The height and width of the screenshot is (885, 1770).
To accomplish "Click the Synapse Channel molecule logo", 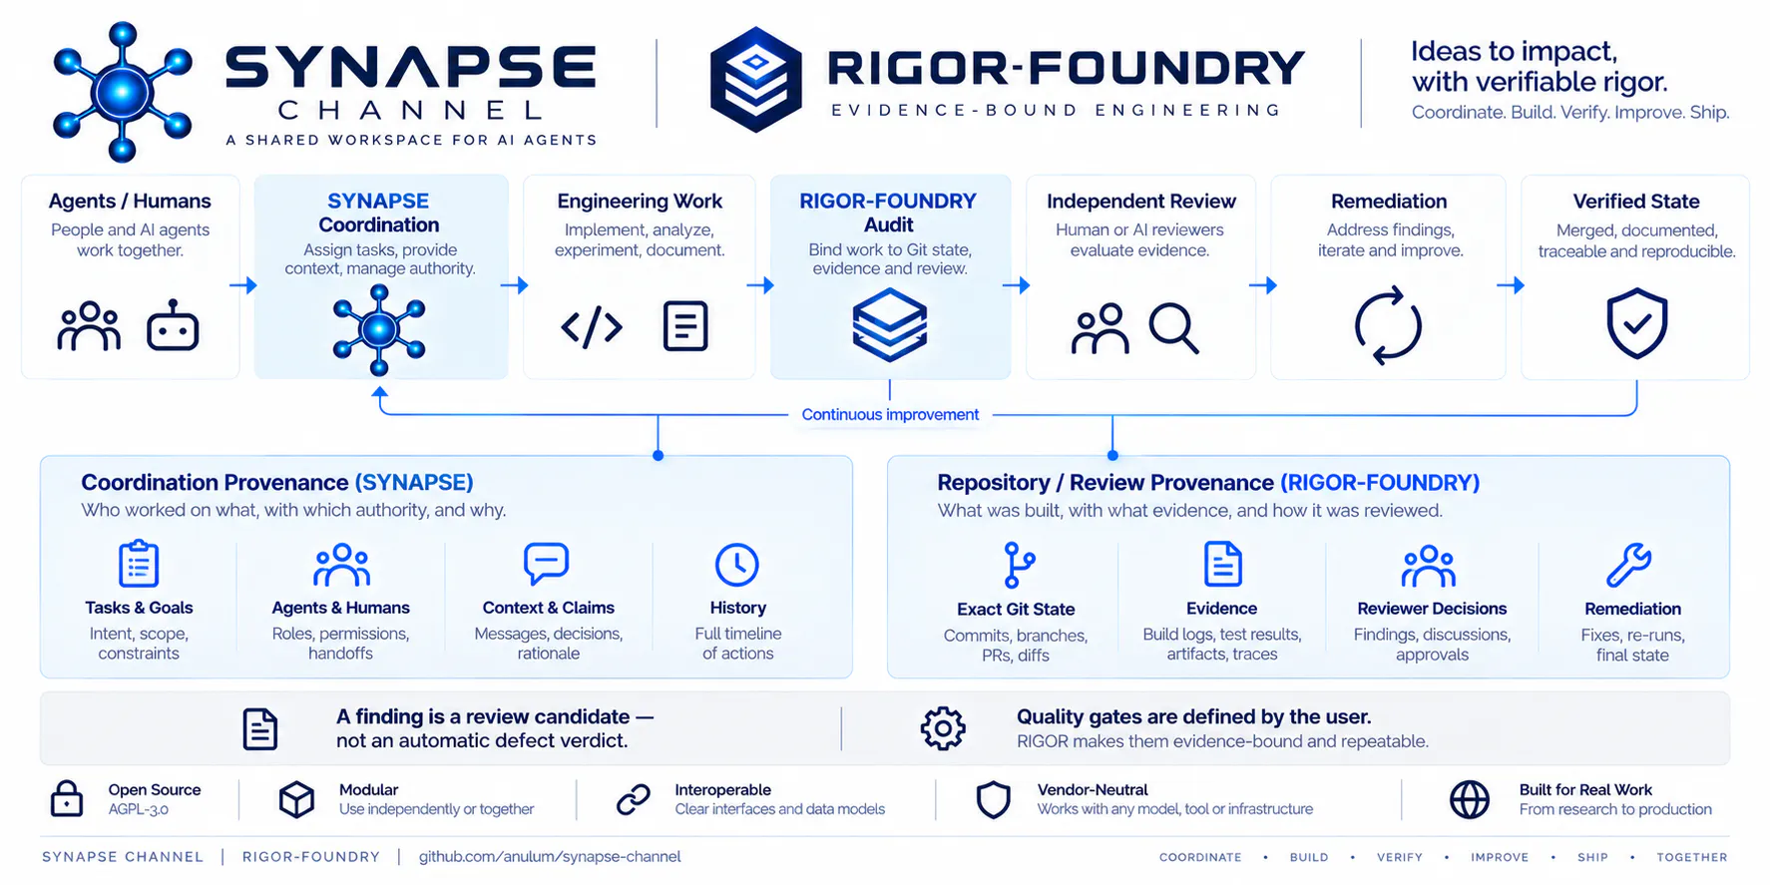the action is click(x=122, y=92).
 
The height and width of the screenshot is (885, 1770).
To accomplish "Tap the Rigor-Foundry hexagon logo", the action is click(x=755, y=79).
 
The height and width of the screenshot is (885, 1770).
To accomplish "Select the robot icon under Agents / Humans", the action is click(x=173, y=325).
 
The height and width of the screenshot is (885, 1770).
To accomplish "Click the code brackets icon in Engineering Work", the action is click(x=592, y=326).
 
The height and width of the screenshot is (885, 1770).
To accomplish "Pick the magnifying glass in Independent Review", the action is click(x=1173, y=328).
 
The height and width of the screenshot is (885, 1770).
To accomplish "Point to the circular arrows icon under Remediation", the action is click(x=1387, y=325).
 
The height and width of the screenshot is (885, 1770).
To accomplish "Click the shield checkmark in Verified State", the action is click(x=1636, y=323).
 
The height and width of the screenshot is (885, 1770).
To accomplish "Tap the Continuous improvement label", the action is click(x=890, y=414).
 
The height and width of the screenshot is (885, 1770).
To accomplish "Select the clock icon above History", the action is click(x=737, y=565).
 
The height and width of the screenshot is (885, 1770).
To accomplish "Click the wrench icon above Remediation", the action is click(x=1629, y=565).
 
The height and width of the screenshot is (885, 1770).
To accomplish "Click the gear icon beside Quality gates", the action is click(x=943, y=728).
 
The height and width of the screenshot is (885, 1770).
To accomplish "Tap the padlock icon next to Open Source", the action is click(x=67, y=798).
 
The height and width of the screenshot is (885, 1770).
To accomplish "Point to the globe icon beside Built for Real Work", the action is click(x=1469, y=799).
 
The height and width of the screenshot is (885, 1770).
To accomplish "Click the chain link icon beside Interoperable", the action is click(x=634, y=799).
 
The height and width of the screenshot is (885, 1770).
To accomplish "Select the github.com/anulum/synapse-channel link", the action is click(x=550, y=856).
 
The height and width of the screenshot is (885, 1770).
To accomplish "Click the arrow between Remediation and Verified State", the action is click(x=1511, y=285).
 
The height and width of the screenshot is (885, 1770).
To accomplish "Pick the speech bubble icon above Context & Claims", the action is click(x=546, y=564).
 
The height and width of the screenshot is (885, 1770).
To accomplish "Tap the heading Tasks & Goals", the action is click(x=139, y=608).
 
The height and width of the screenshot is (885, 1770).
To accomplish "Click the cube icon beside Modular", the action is click(x=296, y=799).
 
